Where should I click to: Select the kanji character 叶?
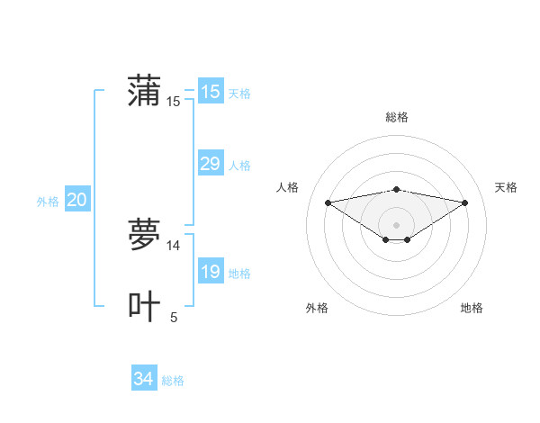point(145,306)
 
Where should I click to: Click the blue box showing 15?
point(210,92)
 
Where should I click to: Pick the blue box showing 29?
point(210,164)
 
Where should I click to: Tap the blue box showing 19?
point(210,272)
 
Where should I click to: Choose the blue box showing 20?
point(77,200)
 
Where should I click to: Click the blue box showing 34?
point(144,379)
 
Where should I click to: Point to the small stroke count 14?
point(174,245)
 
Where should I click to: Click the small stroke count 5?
point(174,317)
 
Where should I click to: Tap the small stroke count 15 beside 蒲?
point(174,102)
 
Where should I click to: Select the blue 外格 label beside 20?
point(48,202)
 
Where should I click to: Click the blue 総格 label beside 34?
point(173,381)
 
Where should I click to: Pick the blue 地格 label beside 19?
point(239,274)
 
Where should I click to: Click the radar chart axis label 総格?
point(396,117)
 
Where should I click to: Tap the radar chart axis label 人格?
point(287,187)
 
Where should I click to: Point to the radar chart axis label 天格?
point(506,187)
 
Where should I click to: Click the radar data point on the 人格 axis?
point(328,202)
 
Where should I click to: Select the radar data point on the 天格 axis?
point(465,202)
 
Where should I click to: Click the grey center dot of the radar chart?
point(396,225)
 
